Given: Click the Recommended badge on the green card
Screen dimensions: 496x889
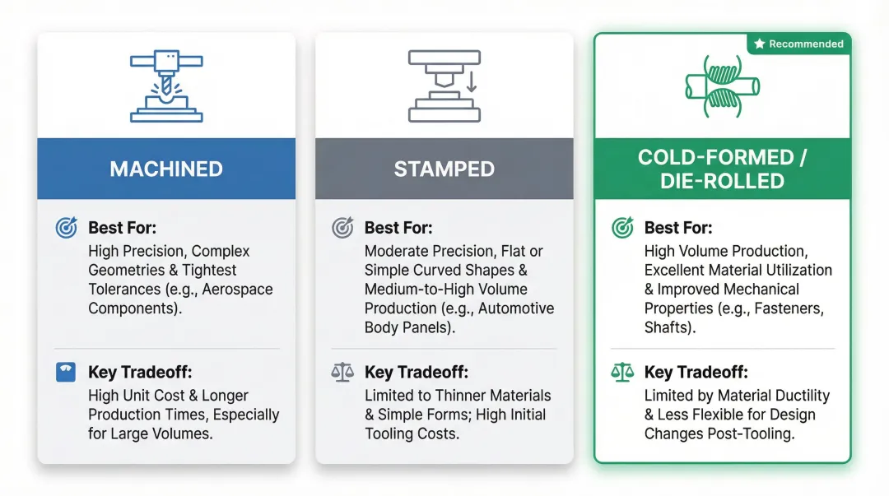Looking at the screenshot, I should click(x=799, y=44).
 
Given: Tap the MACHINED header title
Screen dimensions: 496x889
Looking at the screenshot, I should click(x=166, y=169).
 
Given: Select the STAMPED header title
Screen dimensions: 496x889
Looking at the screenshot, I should click(x=444, y=169).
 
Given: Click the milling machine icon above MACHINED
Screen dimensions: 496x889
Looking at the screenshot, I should click(x=166, y=86).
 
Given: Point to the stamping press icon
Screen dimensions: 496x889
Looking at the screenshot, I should click(x=444, y=86).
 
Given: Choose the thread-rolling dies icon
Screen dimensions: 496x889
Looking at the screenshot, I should click(x=722, y=86).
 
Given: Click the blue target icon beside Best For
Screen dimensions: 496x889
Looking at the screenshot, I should click(x=66, y=228).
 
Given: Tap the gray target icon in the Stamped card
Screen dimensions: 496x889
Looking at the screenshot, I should click(x=342, y=228).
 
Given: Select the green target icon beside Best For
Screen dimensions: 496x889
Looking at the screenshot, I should click(x=622, y=228).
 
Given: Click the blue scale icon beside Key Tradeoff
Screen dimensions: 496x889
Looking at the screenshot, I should click(x=66, y=373).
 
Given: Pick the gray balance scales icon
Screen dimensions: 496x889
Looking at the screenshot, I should click(x=342, y=373).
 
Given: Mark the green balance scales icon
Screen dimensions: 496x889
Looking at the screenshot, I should click(x=622, y=373).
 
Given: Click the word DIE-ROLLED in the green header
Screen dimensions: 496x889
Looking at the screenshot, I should click(x=722, y=182).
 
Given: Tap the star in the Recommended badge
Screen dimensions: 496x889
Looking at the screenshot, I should click(x=760, y=44).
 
